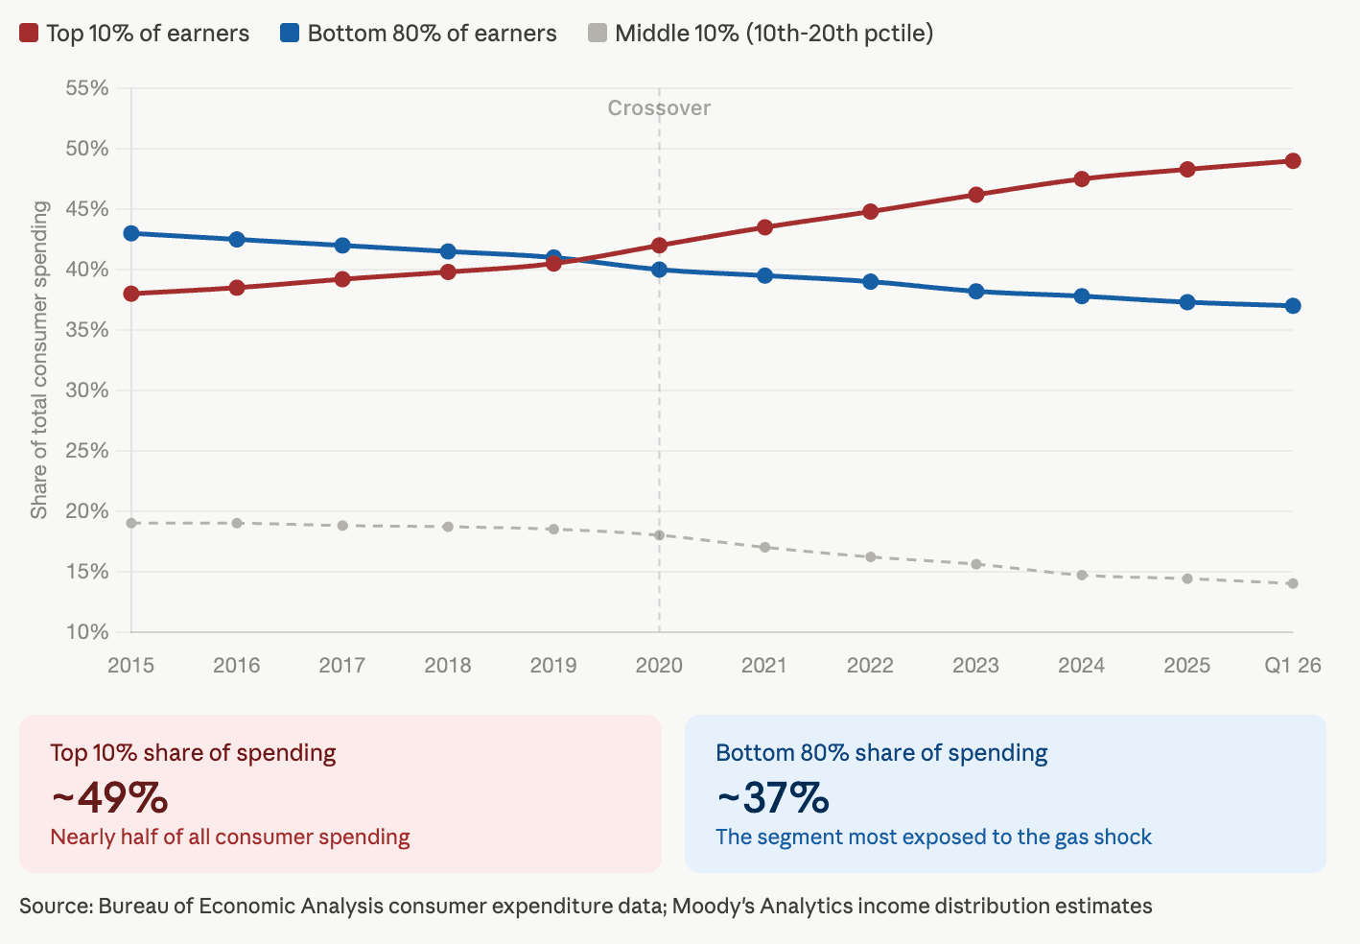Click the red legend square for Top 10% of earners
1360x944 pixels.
[x=29, y=34]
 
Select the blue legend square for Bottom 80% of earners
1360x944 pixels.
[x=290, y=34]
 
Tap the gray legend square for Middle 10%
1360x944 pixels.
[x=598, y=34]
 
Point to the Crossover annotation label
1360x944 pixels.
[x=659, y=108]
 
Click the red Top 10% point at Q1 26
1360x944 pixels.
[x=1293, y=161]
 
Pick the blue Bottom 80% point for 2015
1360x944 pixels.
[x=131, y=233]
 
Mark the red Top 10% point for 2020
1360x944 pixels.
[x=659, y=246]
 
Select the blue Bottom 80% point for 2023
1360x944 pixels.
[x=976, y=292]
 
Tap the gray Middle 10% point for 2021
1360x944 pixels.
[x=764, y=548]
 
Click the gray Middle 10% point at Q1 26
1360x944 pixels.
[x=1293, y=583]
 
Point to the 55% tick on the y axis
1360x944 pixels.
[x=87, y=88]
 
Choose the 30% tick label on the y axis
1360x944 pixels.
[x=87, y=390]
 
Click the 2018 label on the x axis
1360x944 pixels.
[x=448, y=666]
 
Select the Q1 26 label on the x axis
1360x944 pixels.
[x=1292, y=666]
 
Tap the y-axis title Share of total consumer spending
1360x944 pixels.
[x=39, y=360]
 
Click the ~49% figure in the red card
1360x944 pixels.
[x=109, y=797]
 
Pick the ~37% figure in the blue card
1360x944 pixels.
[x=773, y=797]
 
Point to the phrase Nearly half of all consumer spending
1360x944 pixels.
[x=230, y=838]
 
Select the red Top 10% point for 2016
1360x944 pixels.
[x=237, y=288]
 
